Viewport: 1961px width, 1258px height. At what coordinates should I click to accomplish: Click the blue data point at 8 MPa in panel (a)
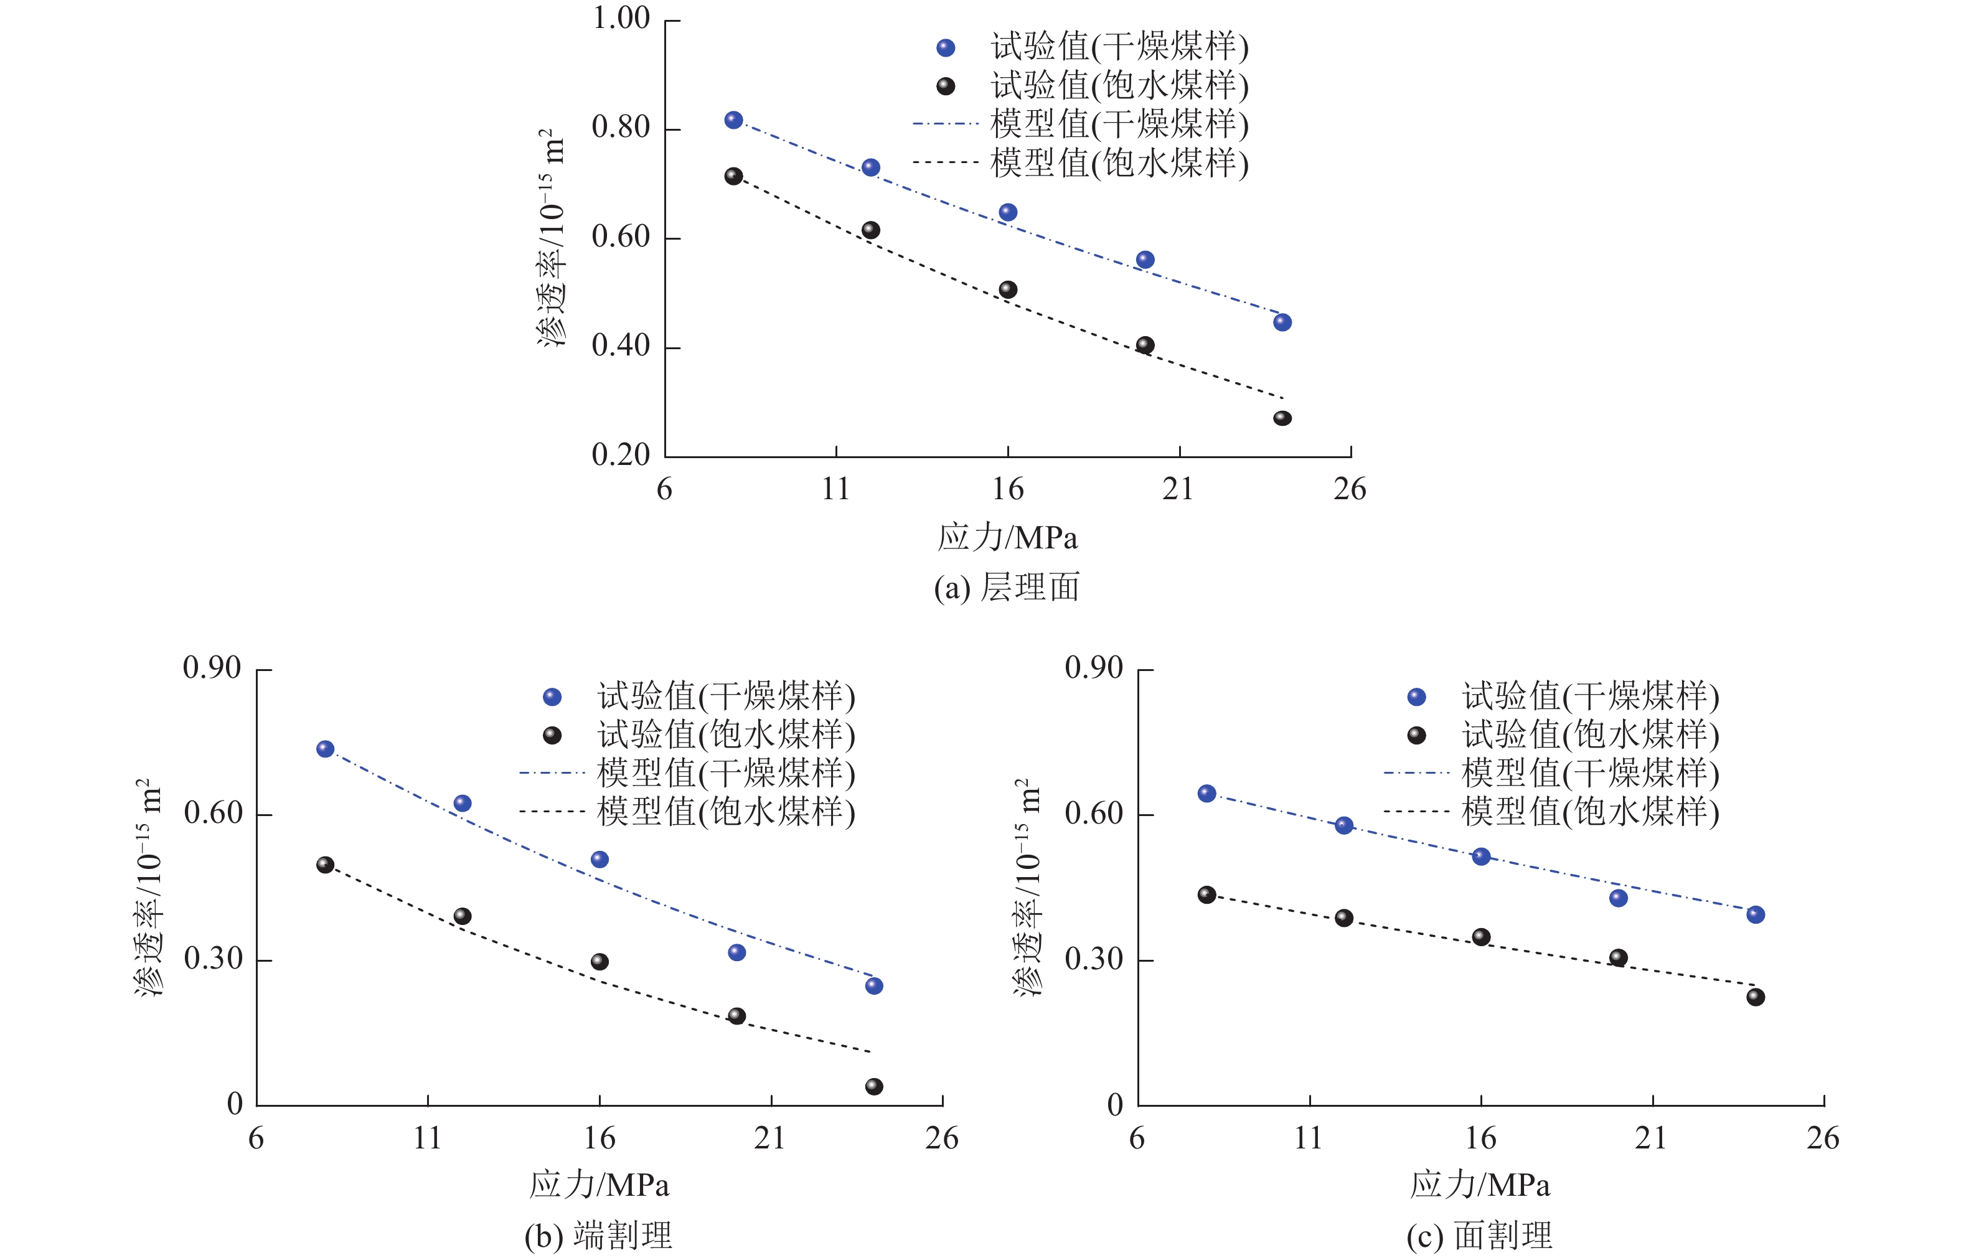(x=733, y=120)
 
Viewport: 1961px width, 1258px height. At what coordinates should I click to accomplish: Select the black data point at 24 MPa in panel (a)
(x=1282, y=418)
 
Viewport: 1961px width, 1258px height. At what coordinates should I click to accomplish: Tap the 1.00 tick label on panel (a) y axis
(x=621, y=18)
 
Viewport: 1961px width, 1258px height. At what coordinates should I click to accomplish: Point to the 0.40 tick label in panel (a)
(x=621, y=346)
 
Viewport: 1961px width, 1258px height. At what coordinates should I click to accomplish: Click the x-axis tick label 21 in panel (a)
(x=1178, y=489)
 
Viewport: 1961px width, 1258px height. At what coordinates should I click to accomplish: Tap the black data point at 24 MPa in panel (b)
(x=874, y=1086)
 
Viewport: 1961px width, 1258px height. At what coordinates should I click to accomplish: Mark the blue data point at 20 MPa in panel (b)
(x=736, y=952)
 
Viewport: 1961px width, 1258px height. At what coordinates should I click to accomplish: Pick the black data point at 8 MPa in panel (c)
(x=1206, y=894)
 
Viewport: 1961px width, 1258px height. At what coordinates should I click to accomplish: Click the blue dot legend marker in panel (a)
(x=946, y=48)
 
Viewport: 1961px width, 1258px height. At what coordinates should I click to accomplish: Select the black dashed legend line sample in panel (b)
(x=552, y=812)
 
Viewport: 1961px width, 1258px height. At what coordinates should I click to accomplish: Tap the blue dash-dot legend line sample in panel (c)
(x=1416, y=772)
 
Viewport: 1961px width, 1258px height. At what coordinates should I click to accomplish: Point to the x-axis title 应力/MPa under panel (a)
(x=1007, y=538)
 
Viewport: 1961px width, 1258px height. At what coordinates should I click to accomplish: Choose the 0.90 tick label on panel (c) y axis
(x=1094, y=668)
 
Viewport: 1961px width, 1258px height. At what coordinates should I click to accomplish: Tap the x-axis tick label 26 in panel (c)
(x=1822, y=1138)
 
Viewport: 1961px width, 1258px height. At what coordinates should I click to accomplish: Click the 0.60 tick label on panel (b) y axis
(x=212, y=814)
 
